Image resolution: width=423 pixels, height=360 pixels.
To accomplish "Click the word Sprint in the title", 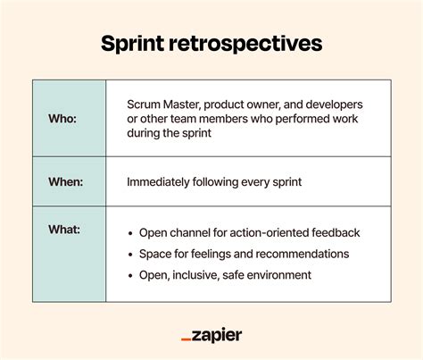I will point(135,44).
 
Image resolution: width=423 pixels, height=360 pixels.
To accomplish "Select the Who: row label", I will point(62,118).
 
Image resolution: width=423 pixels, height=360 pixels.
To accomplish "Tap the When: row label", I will point(66,181).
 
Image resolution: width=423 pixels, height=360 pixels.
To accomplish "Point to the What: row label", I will point(64,230).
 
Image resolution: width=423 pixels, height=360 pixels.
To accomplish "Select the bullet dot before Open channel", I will point(130,233).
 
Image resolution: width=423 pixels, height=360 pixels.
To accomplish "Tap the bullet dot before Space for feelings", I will point(130,255).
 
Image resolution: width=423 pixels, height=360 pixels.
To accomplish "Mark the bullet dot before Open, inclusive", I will point(130,276).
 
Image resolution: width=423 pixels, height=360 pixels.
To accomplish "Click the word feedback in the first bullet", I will point(334,232).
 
